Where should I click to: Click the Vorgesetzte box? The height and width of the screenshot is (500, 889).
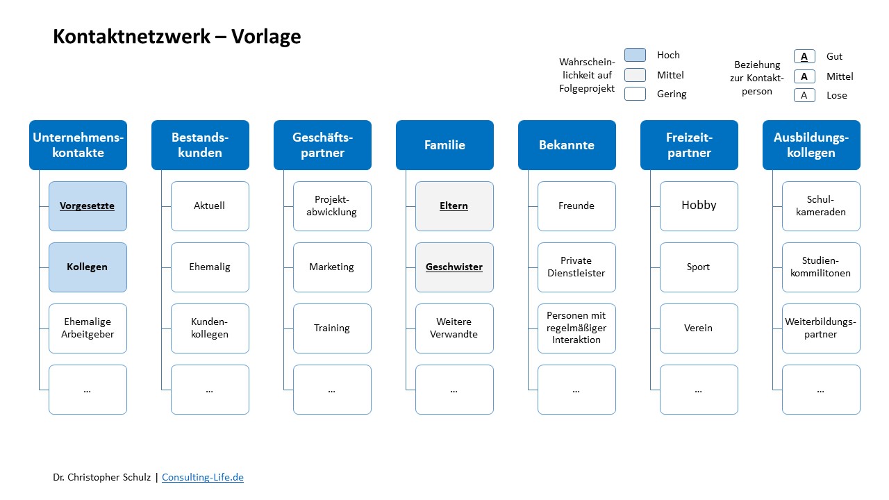tap(88, 206)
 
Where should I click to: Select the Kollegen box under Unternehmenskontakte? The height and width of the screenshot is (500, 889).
tap(88, 267)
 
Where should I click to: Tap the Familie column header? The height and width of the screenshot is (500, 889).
tap(445, 145)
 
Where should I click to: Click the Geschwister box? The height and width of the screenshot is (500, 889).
tap(454, 267)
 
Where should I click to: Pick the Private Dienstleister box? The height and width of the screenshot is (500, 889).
tap(576, 267)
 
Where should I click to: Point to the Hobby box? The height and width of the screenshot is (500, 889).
tap(699, 206)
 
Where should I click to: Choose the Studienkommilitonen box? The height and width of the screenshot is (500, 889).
tap(821, 267)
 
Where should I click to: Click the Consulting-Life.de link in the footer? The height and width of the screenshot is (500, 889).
tap(203, 477)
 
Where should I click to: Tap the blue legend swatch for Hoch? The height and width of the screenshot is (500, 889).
tap(635, 55)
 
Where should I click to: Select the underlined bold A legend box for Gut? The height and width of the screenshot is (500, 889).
tap(804, 56)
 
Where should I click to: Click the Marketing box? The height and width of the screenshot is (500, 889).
tap(332, 267)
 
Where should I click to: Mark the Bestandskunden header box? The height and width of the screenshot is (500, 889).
tap(201, 145)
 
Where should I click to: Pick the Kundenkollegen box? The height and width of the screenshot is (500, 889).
tap(210, 328)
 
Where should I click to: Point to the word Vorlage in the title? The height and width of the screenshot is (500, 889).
tap(266, 37)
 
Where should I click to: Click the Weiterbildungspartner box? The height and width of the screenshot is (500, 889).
tap(821, 328)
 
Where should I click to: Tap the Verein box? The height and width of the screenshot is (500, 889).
tap(699, 328)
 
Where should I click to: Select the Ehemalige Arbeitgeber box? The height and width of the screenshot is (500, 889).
tap(88, 328)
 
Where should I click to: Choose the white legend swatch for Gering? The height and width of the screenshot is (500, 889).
tap(635, 94)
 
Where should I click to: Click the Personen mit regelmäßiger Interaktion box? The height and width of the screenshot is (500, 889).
tap(576, 328)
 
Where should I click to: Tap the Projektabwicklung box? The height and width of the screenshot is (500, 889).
tap(332, 206)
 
